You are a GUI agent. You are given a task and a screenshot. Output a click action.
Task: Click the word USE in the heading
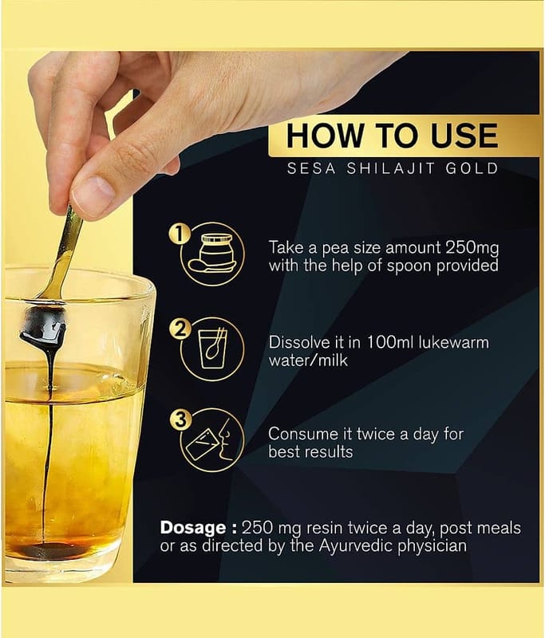[x=464, y=136]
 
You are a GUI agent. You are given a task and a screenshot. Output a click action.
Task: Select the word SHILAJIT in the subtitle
[x=390, y=168]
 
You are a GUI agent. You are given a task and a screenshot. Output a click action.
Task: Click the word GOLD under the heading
[x=472, y=168]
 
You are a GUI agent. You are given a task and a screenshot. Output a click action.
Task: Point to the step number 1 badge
[x=179, y=235]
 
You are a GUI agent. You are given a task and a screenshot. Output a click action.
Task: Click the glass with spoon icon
[x=212, y=349]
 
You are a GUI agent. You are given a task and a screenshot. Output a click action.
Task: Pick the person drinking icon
[x=210, y=440]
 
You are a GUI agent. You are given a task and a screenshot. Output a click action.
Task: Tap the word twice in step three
[x=376, y=434]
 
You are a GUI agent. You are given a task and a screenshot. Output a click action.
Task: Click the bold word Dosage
[x=193, y=528]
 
